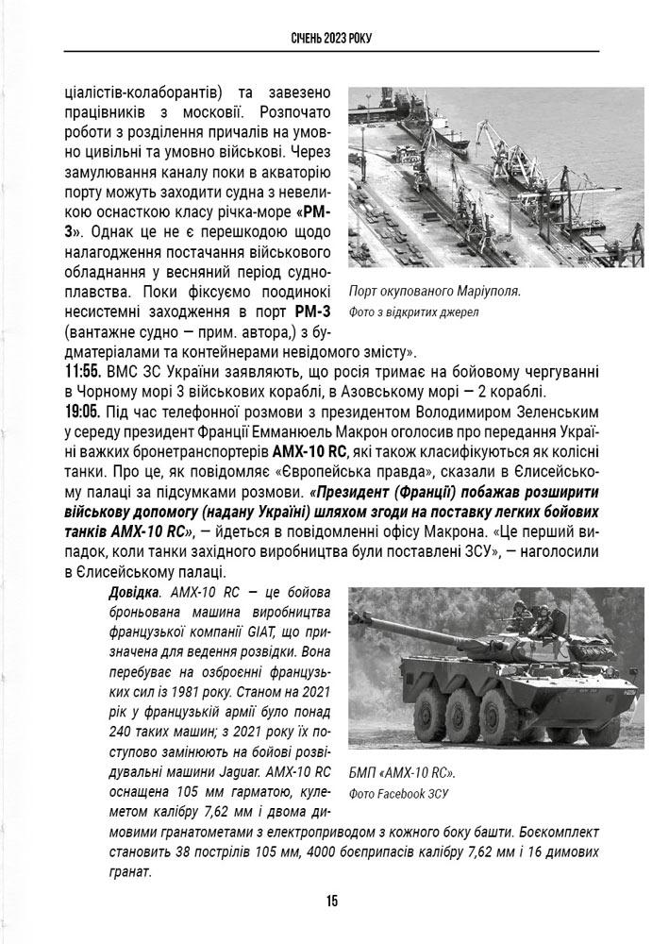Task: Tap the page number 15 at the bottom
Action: [x=332, y=901]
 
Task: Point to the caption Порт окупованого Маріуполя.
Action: [x=434, y=291]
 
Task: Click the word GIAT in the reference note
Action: [x=272, y=629]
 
